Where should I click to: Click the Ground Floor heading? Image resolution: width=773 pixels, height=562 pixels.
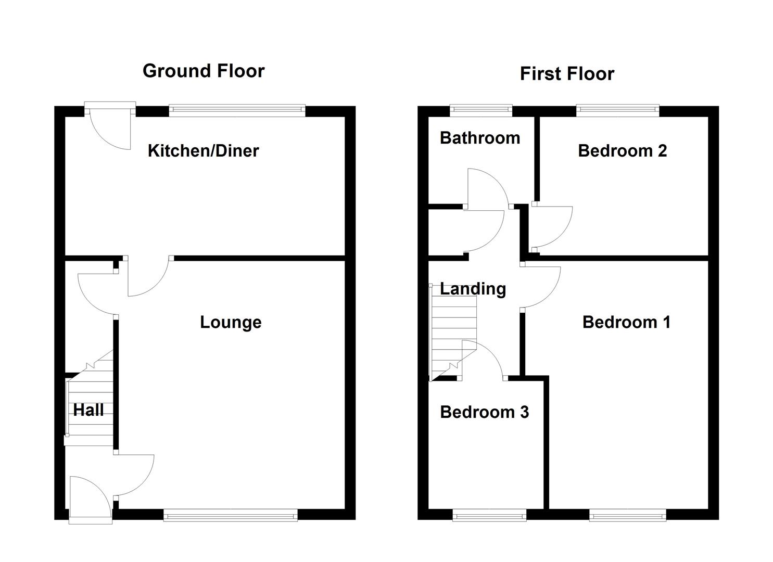tap(204, 71)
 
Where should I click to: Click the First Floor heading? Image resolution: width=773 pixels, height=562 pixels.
tap(567, 74)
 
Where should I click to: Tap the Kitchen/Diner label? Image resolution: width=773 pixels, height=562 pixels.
tap(203, 151)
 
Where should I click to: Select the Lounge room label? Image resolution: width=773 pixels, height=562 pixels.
tap(231, 322)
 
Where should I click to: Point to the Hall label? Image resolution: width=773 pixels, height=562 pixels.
tap(88, 410)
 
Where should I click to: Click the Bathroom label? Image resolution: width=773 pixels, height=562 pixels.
tap(479, 138)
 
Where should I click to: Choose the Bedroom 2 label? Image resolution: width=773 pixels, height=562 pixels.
tap(622, 151)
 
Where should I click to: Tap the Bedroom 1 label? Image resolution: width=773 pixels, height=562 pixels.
tap(626, 322)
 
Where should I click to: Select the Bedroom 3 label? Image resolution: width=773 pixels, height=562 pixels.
tap(484, 412)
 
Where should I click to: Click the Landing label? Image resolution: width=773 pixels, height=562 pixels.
tap(473, 289)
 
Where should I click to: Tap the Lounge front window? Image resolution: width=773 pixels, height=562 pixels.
tap(231, 516)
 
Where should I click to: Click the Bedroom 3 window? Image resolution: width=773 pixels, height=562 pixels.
tap(489, 516)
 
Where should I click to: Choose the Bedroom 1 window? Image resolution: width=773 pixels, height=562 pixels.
tap(627, 516)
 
